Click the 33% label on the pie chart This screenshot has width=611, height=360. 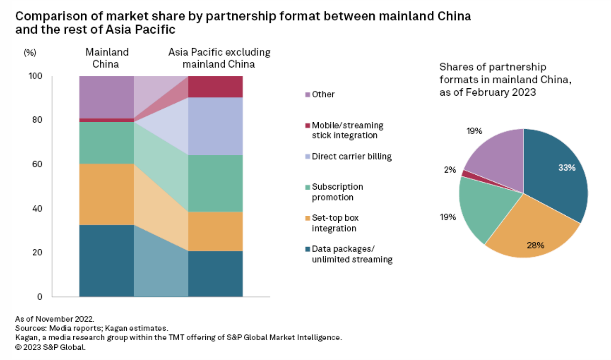[x=566, y=168]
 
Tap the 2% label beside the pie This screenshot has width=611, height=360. [x=450, y=170]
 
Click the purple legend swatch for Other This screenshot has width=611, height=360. [x=307, y=94]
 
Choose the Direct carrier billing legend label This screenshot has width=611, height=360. [x=351, y=157]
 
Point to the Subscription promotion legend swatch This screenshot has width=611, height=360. [x=307, y=187]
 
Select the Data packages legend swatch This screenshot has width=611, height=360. [x=307, y=249]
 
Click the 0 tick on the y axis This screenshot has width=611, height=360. [x=40, y=297]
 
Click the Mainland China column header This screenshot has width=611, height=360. [x=107, y=58]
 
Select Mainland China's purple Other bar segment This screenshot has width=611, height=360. [x=106, y=97]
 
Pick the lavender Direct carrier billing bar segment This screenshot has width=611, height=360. [x=215, y=126]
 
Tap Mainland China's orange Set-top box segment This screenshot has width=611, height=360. [x=106, y=194]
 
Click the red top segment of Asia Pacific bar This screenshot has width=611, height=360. [x=215, y=86]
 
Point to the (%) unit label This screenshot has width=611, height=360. [x=30, y=52]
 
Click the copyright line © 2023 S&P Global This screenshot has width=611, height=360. [x=50, y=347]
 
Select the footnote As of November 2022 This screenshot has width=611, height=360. [x=55, y=319]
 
